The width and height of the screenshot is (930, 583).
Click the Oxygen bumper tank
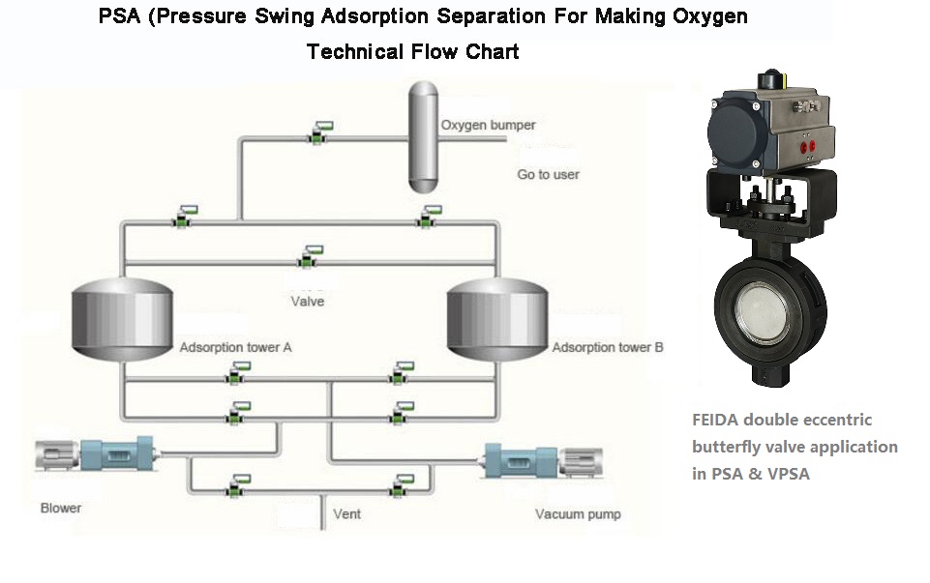(x=423, y=136)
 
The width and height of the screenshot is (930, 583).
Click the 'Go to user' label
(x=549, y=175)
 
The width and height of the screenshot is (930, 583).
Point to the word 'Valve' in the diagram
(x=308, y=301)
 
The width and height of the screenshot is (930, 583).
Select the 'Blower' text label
(x=61, y=509)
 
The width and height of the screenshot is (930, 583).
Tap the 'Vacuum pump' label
(x=578, y=513)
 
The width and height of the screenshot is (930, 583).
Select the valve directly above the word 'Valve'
(x=308, y=259)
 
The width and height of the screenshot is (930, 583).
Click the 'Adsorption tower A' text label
(x=235, y=346)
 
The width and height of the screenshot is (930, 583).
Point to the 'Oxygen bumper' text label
(x=488, y=126)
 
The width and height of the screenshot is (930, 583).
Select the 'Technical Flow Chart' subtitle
(x=413, y=52)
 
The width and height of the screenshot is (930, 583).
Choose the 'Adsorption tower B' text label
(x=607, y=347)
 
